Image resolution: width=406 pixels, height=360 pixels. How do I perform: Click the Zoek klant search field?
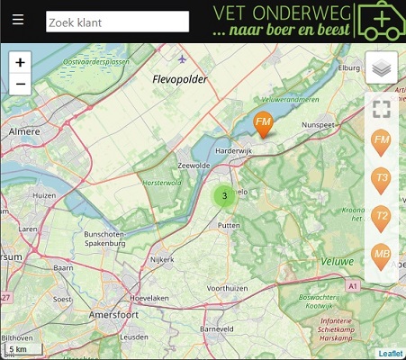[117, 22]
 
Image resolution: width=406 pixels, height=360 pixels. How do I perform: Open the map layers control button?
[381, 68]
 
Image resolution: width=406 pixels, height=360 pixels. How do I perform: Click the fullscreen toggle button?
[381, 110]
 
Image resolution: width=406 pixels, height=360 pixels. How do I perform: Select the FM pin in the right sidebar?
[382, 141]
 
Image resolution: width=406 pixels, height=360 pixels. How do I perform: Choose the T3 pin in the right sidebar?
[382, 179]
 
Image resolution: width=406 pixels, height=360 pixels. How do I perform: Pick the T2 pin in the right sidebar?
[382, 217]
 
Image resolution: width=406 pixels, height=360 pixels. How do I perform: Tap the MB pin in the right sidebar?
[382, 256]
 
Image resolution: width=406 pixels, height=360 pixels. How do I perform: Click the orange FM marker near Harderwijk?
[263, 123]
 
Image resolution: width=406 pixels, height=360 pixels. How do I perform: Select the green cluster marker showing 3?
[223, 194]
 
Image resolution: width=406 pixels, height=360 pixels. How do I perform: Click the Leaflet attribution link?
[390, 354]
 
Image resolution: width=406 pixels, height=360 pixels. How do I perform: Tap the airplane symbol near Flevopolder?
[183, 59]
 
